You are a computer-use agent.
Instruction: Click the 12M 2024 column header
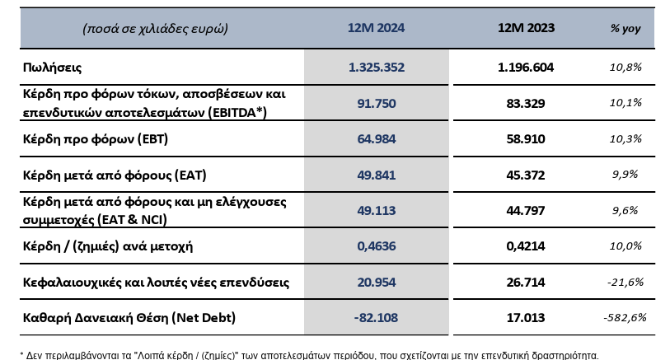[376, 28]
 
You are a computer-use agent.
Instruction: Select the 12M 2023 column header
[526, 28]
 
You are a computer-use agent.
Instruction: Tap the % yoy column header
[625, 29]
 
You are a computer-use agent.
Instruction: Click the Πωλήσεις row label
[52, 68]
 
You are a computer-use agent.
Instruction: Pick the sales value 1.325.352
[377, 68]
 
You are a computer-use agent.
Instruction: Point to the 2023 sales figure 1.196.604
[526, 68]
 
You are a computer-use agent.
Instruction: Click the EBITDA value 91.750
[377, 103]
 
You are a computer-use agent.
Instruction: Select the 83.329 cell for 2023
[526, 103]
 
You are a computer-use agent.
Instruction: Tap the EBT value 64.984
[377, 139]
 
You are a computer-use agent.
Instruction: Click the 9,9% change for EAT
[625, 175]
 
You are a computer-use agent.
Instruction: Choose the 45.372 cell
[526, 175]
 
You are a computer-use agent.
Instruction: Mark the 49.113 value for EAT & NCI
[377, 211]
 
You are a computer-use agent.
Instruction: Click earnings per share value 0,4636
[377, 246]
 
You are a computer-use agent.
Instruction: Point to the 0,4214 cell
[526, 246]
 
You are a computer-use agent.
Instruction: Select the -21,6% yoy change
[625, 282]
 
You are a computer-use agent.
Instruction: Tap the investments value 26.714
[526, 283]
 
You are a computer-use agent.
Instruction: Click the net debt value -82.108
[376, 318]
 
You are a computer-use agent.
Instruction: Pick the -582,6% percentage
[625, 317]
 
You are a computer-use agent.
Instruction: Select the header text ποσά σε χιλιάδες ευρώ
[155, 29]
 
